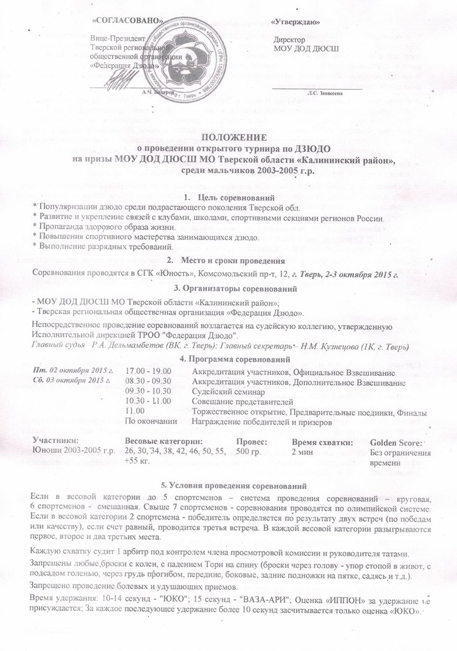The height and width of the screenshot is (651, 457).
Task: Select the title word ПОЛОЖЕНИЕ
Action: pos(233,137)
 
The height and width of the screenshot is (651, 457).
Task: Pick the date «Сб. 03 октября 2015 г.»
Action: pos(67,381)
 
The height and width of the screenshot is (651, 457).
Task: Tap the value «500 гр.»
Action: pos(248,451)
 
